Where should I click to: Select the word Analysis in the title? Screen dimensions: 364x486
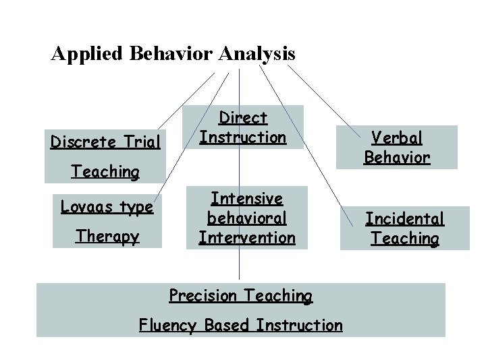point(256,53)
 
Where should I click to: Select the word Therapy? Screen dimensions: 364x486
point(107,237)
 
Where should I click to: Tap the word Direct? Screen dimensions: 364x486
point(244,118)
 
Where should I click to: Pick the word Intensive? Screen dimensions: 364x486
point(246,198)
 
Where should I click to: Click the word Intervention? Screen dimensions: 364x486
point(246,237)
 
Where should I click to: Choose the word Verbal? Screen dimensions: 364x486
point(397,138)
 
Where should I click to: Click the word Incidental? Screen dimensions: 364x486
point(404,218)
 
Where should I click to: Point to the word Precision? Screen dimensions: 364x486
point(202,295)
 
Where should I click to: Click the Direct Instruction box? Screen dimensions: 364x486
point(244,127)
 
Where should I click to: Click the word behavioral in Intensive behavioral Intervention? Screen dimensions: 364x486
point(246,218)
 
